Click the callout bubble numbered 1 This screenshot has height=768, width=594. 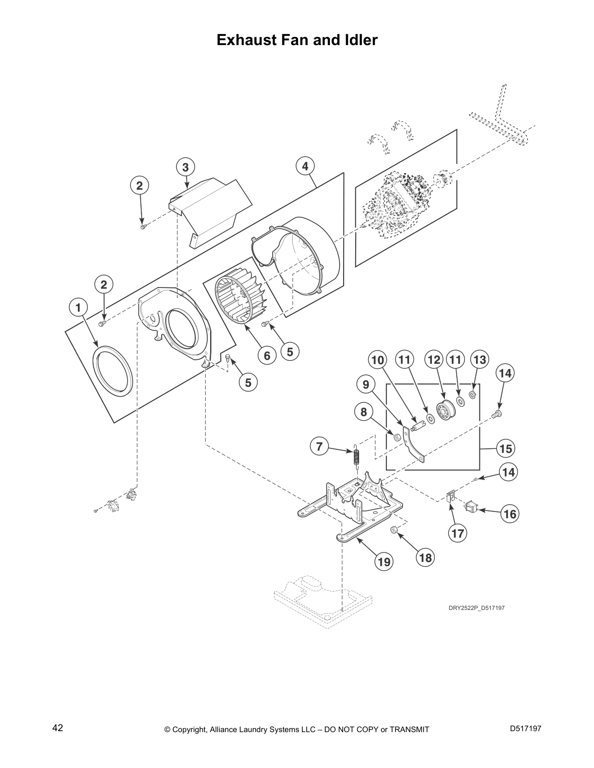(x=78, y=307)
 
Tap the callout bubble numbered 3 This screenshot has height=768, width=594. (x=185, y=167)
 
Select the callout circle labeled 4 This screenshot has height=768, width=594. (x=305, y=167)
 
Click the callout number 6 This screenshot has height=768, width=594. (x=266, y=356)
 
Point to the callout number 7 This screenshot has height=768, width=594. (x=319, y=446)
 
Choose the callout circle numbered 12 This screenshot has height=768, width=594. (x=434, y=360)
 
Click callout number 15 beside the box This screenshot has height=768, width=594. (x=506, y=448)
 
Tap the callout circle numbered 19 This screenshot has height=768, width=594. (x=384, y=562)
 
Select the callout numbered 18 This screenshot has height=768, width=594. (x=425, y=558)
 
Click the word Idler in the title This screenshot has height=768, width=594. (x=358, y=40)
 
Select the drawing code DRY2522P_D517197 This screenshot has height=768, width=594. (x=476, y=608)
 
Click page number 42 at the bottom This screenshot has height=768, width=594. (x=58, y=728)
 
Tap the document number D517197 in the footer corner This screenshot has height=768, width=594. (x=526, y=728)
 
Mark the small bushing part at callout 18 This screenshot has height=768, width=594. (x=395, y=531)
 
